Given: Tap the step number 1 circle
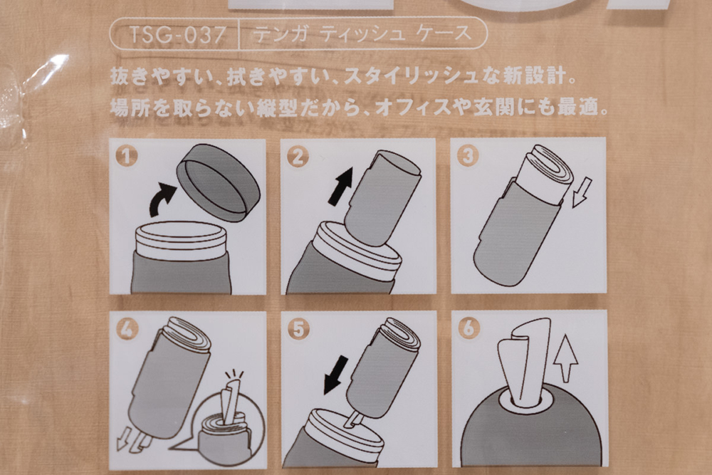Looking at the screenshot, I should coord(127,157).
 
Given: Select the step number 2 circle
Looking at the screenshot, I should coord(297,157).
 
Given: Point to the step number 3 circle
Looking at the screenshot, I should coord(467,156).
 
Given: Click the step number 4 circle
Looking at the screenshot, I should coord(127,329).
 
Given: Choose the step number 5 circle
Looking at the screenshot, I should coord(298,329).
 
